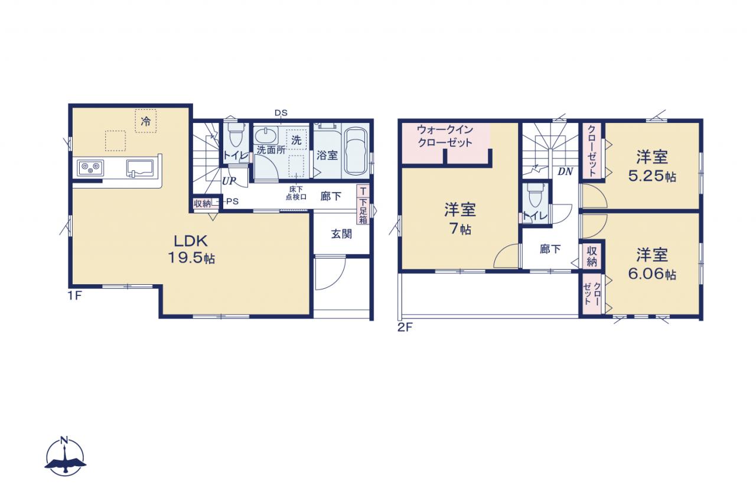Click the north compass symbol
65,457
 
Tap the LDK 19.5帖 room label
191,249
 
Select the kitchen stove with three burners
90,167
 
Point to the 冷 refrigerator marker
146,121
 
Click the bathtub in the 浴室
356,151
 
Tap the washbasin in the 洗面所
266,136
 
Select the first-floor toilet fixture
236,134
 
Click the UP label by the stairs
229,181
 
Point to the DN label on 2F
565,171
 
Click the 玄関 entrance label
341,233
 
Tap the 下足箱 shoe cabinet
363,204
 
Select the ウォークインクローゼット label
445,136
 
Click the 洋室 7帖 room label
460,219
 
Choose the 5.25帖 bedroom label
652,167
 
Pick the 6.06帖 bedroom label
652,264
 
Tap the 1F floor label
74,295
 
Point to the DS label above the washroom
281,113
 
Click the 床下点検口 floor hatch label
296,193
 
